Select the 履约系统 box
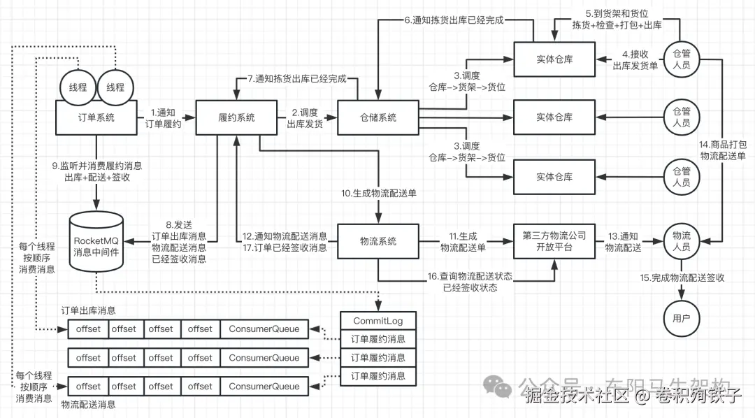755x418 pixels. (236, 117)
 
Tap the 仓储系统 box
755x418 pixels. (377, 117)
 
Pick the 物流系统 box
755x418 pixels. (377, 240)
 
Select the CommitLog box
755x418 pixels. (377, 321)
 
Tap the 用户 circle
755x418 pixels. (681, 319)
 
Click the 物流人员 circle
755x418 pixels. (681, 240)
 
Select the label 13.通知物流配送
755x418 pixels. (621, 240)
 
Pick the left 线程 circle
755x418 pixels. (78, 87)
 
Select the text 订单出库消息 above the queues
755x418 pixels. (88, 310)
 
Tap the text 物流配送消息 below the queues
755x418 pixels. (88, 404)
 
